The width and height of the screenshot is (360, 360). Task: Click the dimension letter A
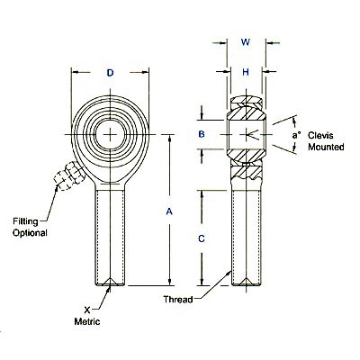[x=169, y=211]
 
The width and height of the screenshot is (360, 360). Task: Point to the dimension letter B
[x=202, y=134]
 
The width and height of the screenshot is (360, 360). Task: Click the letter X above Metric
[x=85, y=308]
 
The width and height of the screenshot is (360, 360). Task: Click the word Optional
[x=30, y=233]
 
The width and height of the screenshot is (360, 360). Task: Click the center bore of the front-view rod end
[x=109, y=134]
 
